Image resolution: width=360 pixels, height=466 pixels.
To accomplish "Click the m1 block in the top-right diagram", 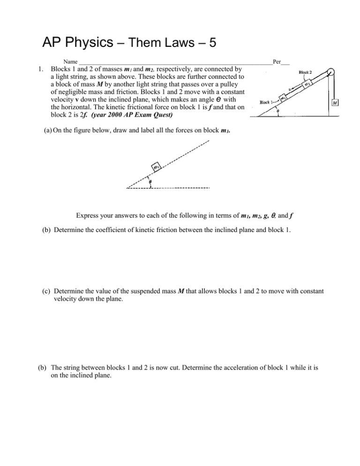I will coord(284,98).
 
